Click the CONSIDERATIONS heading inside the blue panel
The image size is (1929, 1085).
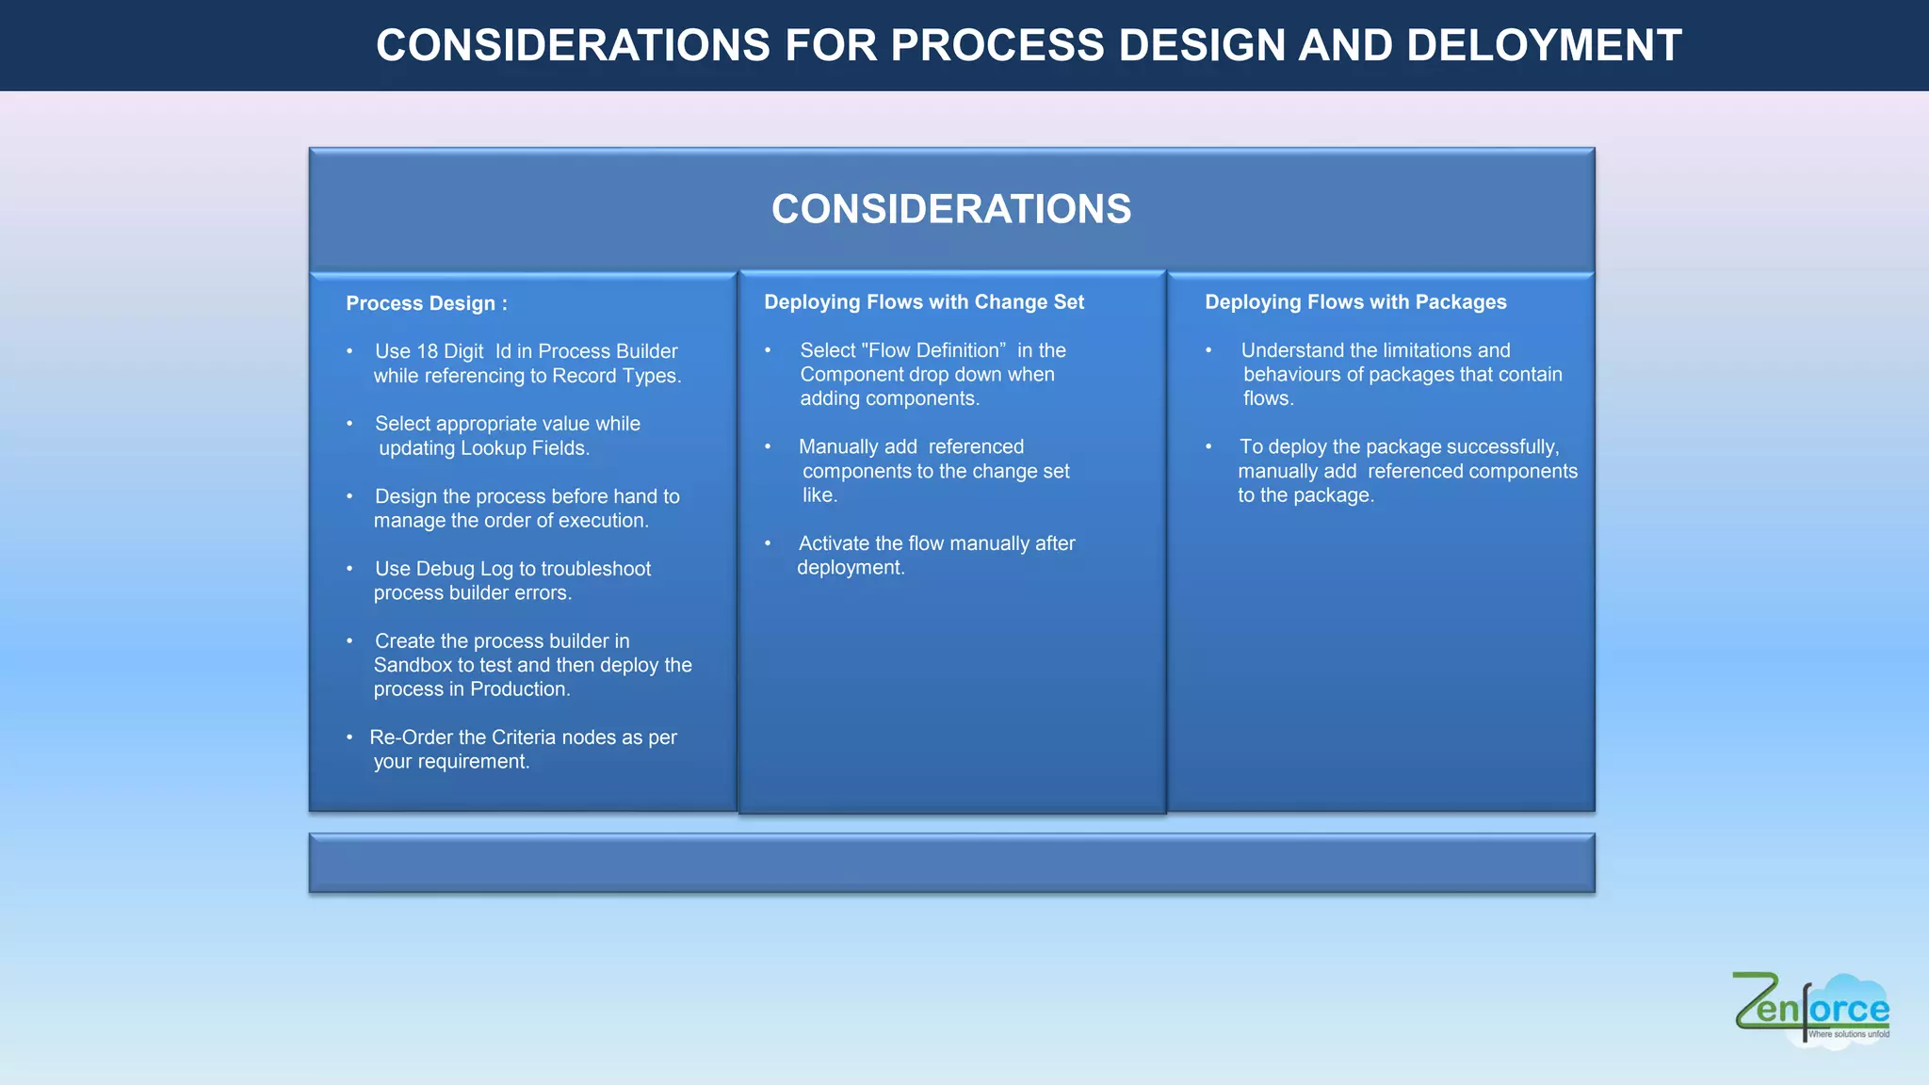coord(951,209)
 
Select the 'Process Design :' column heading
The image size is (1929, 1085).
coord(427,303)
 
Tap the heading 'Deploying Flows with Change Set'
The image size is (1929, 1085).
coord(924,302)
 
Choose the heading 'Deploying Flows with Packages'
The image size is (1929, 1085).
coord(1355,302)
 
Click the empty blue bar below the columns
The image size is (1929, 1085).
coord(951,863)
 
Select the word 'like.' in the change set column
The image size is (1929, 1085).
coord(819,495)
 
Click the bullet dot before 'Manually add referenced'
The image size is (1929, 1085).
coord(768,446)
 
